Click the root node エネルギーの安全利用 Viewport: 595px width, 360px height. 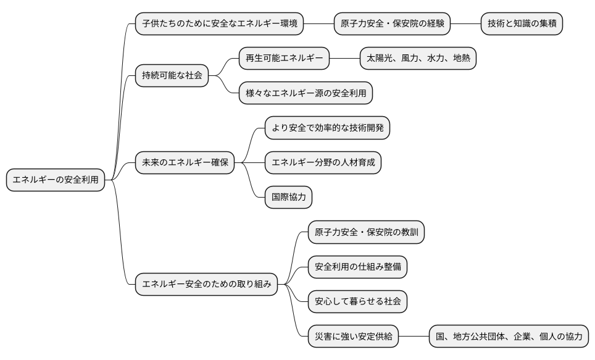(x=55, y=180)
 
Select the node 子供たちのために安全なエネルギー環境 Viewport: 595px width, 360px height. (x=220, y=24)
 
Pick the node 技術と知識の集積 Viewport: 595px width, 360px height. (x=522, y=24)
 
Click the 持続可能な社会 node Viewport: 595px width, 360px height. (x=172, y=76)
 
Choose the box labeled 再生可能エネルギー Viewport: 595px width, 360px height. (x=285, y=59)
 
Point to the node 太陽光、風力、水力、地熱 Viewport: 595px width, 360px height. (x=418, y=59)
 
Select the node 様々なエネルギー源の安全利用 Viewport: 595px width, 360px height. (x=306, y=93)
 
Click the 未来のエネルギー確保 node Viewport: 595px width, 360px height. (x=185, y=163)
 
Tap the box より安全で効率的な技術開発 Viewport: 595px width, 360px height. (x=328, y=128)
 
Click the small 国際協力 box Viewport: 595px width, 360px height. (x=288, y=198)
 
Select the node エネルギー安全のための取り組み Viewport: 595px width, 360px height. (x=207, y=285)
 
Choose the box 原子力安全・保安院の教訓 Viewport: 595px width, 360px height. (x=367, y=232)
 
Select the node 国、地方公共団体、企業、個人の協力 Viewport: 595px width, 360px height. (x=509, y=337)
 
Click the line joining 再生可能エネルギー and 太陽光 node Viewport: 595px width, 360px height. (x=344, y=59)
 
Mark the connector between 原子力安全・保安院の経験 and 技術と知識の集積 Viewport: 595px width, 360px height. (x=465, y=24)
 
